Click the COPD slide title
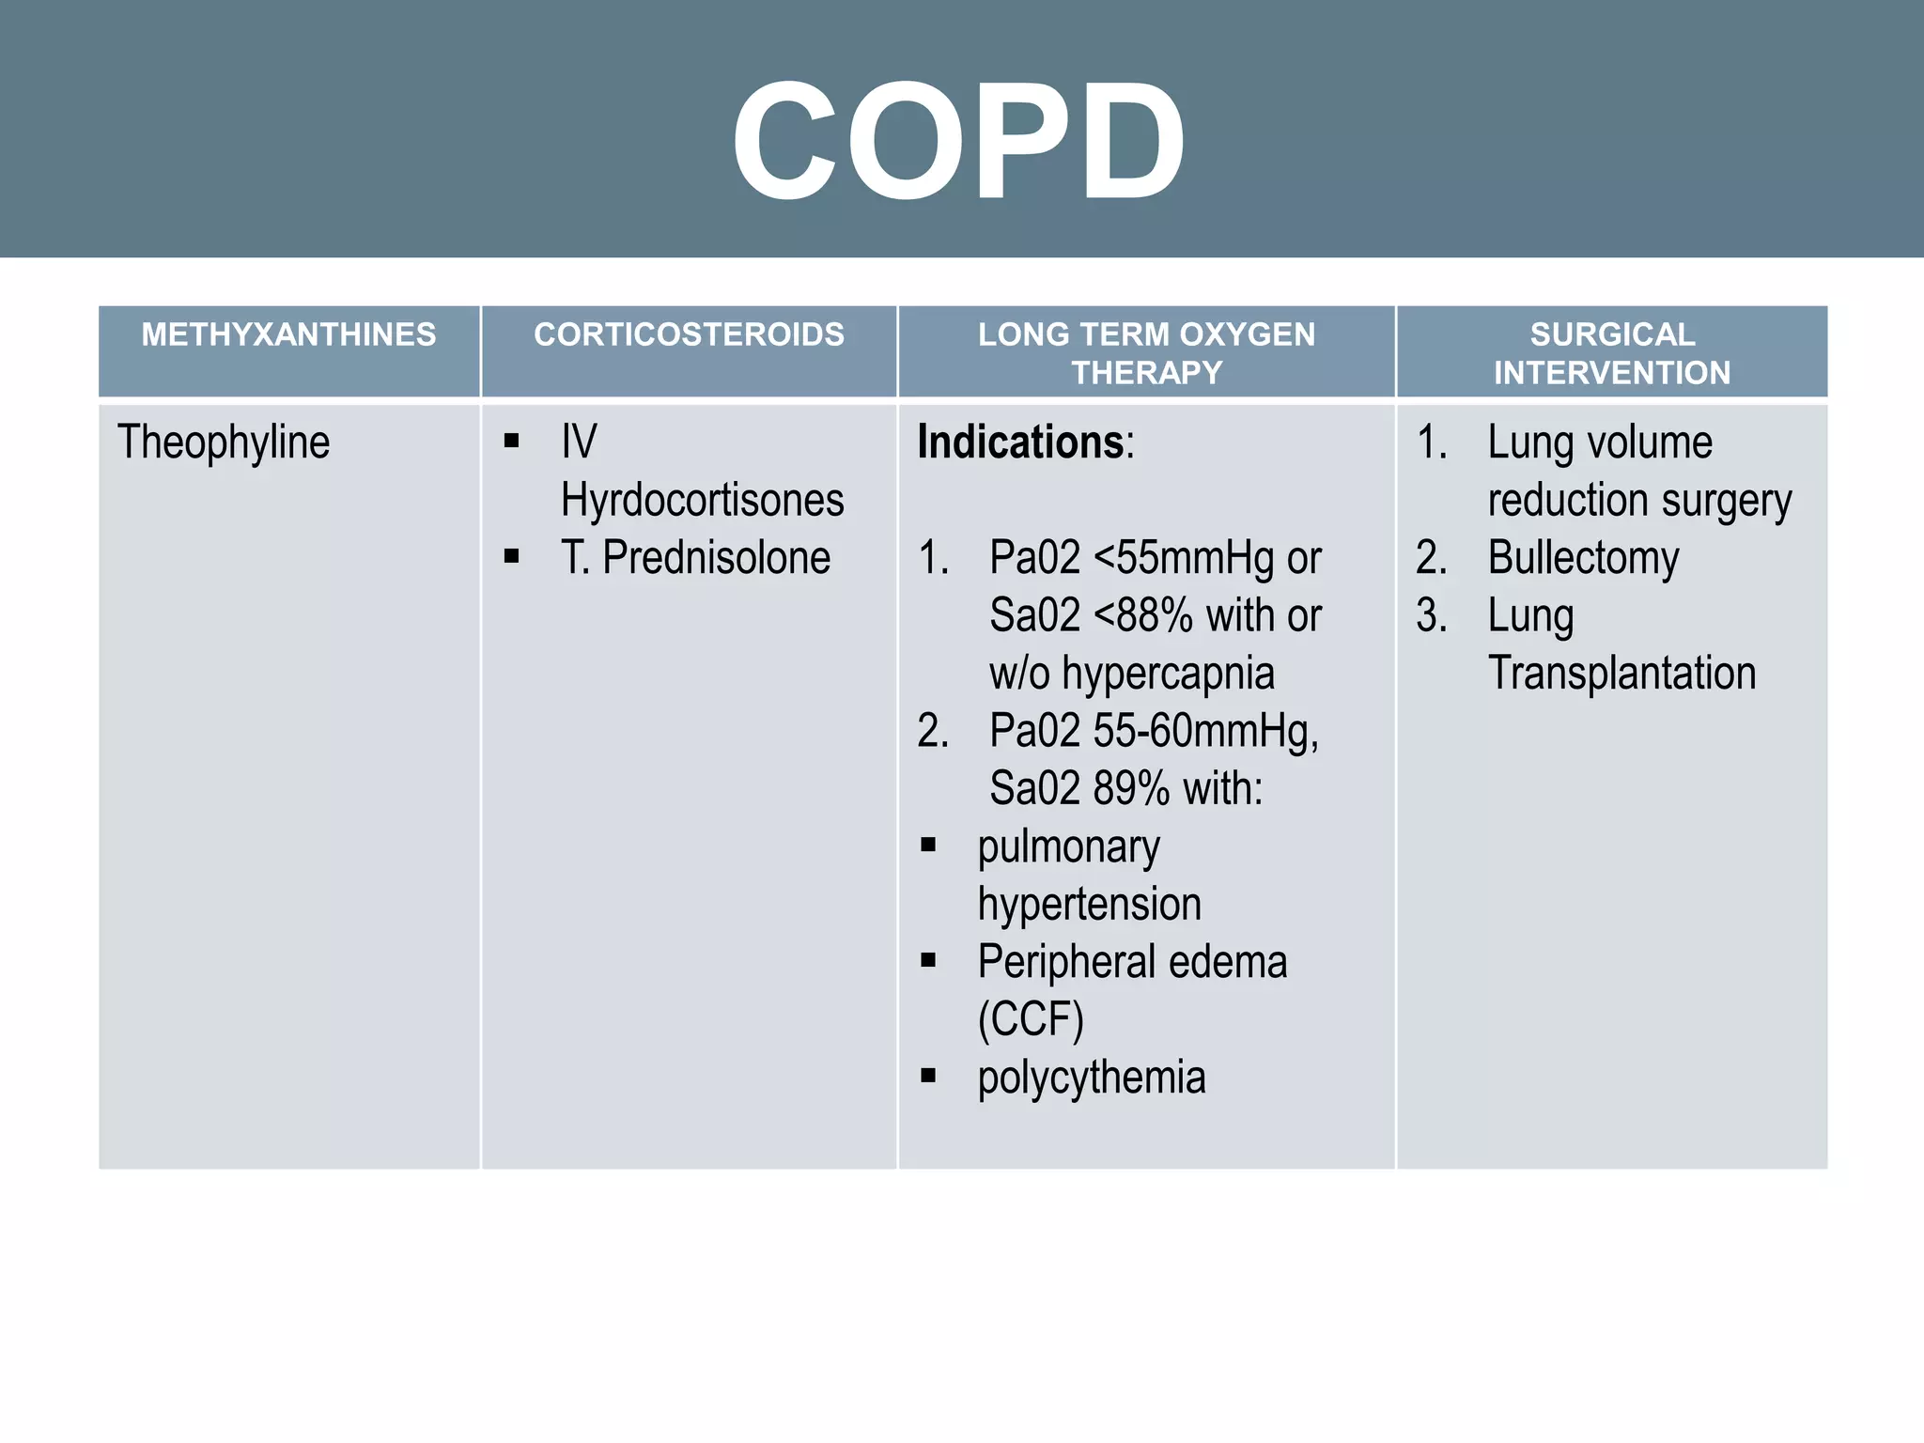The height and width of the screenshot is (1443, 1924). (x=959, y=141)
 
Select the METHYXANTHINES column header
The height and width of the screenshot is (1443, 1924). (x=288, y=334)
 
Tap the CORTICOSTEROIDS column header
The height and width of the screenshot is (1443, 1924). (x=689, y=334)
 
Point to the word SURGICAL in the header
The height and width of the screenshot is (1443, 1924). (x=1612, y=334)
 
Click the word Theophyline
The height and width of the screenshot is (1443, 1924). (x=224, y=442)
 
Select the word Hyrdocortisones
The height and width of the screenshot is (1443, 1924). (x=702, y=500)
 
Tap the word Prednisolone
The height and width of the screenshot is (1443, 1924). (x=716, y=558)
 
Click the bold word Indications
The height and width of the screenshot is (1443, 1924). (x=1020, y=442)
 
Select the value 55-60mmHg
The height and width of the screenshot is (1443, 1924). (x=1205, y=732)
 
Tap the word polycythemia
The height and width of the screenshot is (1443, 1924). (x=1091, y=1078)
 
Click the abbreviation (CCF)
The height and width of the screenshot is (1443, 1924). (x=1031, y=1020)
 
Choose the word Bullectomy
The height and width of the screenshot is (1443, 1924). (x=1583, y=558)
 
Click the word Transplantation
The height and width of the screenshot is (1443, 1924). (x=1621, y=674)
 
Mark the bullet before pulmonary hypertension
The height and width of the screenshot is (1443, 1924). (x=929, y=845)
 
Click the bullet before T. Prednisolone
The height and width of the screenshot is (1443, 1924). (x=512, y=556)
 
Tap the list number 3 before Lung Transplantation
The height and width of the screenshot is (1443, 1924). (x=1431, y=616)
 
